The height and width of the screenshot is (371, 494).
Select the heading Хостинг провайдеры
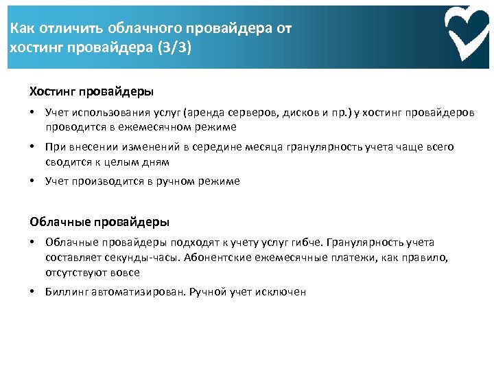pos(91,91)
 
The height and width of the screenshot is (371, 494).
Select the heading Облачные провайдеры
pos(99,222)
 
